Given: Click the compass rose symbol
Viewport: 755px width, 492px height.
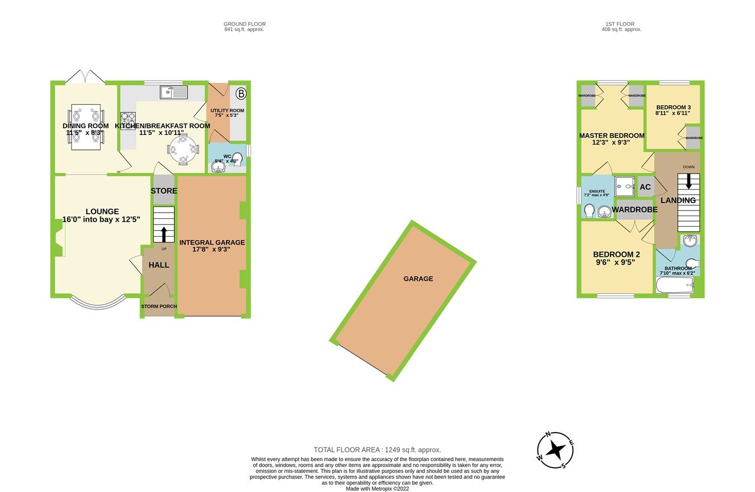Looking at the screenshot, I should tap(556, 450).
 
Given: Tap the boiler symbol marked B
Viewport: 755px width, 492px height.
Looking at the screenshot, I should tap(241, 93).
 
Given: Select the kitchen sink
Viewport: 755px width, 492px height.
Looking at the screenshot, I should tap(173, 92).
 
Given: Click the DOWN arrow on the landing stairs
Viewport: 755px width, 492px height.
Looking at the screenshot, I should tap(688, 181).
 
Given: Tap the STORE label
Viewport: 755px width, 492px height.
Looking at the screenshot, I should tap(164, 191).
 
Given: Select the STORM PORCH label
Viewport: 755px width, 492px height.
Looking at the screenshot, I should tap(159, 306).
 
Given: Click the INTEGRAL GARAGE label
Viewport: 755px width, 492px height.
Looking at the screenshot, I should tap(212, 242).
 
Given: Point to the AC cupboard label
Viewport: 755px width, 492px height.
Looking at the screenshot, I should tap(645, 188).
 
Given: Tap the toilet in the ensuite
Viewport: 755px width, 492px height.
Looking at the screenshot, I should tap(588, 211).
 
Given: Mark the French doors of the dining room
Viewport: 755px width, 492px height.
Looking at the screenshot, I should tap(84, 77).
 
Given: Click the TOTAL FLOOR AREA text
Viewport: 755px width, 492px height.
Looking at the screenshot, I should tap(377, 449).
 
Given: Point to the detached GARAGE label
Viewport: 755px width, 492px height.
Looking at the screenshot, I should tap(418, 279).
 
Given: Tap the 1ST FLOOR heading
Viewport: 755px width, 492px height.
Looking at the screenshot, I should tap(613, 24).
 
